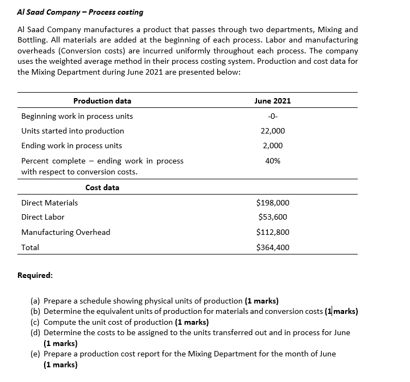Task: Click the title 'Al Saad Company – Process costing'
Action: (81, 12)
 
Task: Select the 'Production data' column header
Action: (102, 101)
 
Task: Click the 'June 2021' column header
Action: (272, 101)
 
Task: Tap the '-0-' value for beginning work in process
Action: (272, 116)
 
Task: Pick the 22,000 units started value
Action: (273, 131)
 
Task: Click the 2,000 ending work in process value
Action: (273, 145)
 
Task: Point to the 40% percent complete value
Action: (273, 161)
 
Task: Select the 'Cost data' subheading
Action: (102, 187)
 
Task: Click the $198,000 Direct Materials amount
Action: (272, 203)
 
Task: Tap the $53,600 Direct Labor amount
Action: (272, 217)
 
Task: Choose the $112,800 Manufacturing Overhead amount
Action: (272, 232)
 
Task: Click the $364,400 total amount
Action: (272, 247)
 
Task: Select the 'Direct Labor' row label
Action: (42, 217)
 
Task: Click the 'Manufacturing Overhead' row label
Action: (65, 232)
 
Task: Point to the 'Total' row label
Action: (30, 247)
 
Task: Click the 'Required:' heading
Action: (35, 275)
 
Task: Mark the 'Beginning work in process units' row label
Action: (77, 116)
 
